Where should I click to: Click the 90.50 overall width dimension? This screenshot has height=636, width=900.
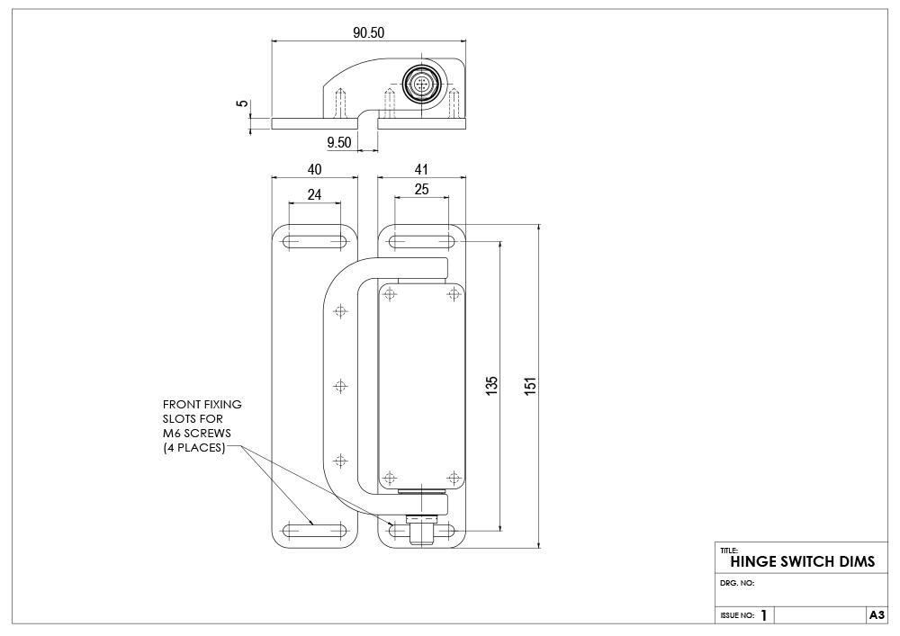pos(368,32)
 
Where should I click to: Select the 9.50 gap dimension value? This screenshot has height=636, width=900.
pos(339,142)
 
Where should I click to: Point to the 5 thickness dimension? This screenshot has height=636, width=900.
pos(241,103)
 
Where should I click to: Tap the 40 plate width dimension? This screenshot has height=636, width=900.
pos(314,169)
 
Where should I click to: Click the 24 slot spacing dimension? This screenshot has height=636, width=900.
pos(314,194)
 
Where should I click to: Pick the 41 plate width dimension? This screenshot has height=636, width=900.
pos(421,169)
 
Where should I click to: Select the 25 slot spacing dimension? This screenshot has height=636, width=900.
pos(421,190)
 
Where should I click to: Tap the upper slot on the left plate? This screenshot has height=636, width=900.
pos(315,241)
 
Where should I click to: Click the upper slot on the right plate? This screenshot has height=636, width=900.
pos(421,241)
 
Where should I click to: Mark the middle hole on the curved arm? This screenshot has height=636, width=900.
pos(340,386)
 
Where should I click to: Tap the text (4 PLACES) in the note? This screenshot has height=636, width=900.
pos(193,447)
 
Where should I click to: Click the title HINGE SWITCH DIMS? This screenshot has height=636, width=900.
pos(802,560)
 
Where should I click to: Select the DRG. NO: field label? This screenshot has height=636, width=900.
pos(737,583)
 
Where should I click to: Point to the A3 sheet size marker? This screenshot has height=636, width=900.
pos(877,614)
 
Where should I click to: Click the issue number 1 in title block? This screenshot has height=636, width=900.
pos(764,615)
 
